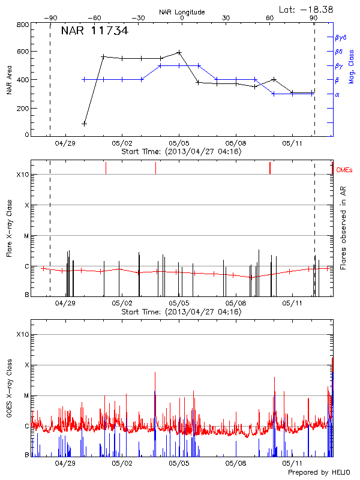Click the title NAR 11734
click(x=94, y=31)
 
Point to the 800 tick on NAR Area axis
click(x=22, y=25)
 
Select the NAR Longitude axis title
click(x=182, y=11)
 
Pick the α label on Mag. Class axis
click(x=337, y=94)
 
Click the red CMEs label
click(x=345, y=170)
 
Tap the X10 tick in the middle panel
click(x=23, y=175)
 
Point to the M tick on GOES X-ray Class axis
click(x=26, y=395)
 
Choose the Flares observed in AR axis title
click(x=343, y=227)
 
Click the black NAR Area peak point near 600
click(x=179, y=52)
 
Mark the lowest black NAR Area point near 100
click(x=85, y=124)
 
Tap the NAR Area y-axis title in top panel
click(x=8, y=80)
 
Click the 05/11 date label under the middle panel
click(x=292, y=304)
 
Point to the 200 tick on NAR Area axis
click(x=22, y=108)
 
